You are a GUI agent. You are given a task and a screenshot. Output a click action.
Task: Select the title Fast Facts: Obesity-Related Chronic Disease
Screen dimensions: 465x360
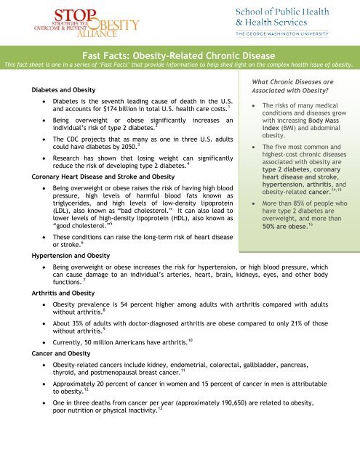coord(180,54)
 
